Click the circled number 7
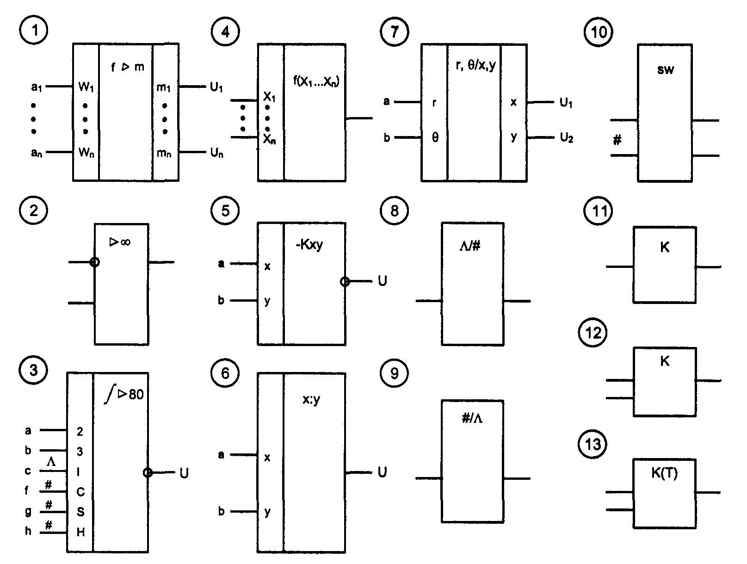(x=394, y=32)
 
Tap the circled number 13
(x=593, y=444)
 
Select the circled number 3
(x=33, y=371)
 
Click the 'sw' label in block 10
(x=665, y=70)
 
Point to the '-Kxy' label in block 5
(x=309, y=245)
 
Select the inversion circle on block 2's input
(x=94, y=262)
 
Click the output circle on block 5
(x=345, y=281)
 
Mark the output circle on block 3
(x=148, y=472)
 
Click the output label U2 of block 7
(x=567, y=138)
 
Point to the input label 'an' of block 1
(x=37, y=153)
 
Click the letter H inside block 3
(x=80, y=532)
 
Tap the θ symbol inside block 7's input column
(x=435, y=138)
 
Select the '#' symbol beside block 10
(x=617, y=140)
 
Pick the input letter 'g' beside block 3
(x=29, y=511)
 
